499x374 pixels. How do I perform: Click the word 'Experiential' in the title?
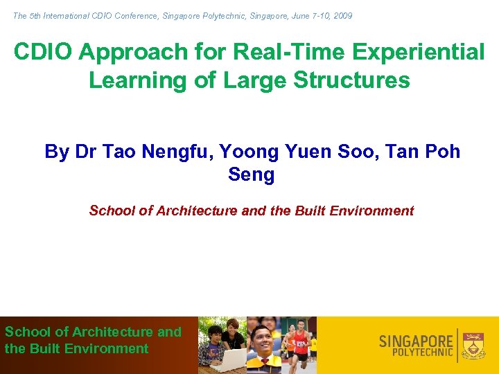coord(424,52)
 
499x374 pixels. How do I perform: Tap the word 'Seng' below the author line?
coord(251,175)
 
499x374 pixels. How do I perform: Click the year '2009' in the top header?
coord(342,15)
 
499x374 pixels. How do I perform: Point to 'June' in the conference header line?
coord(288,15)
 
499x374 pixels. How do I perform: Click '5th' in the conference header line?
coord(38,15)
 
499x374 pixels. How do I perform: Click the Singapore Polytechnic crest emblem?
coord(474,344)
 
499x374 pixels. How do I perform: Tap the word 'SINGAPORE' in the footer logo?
coord(416,341)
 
